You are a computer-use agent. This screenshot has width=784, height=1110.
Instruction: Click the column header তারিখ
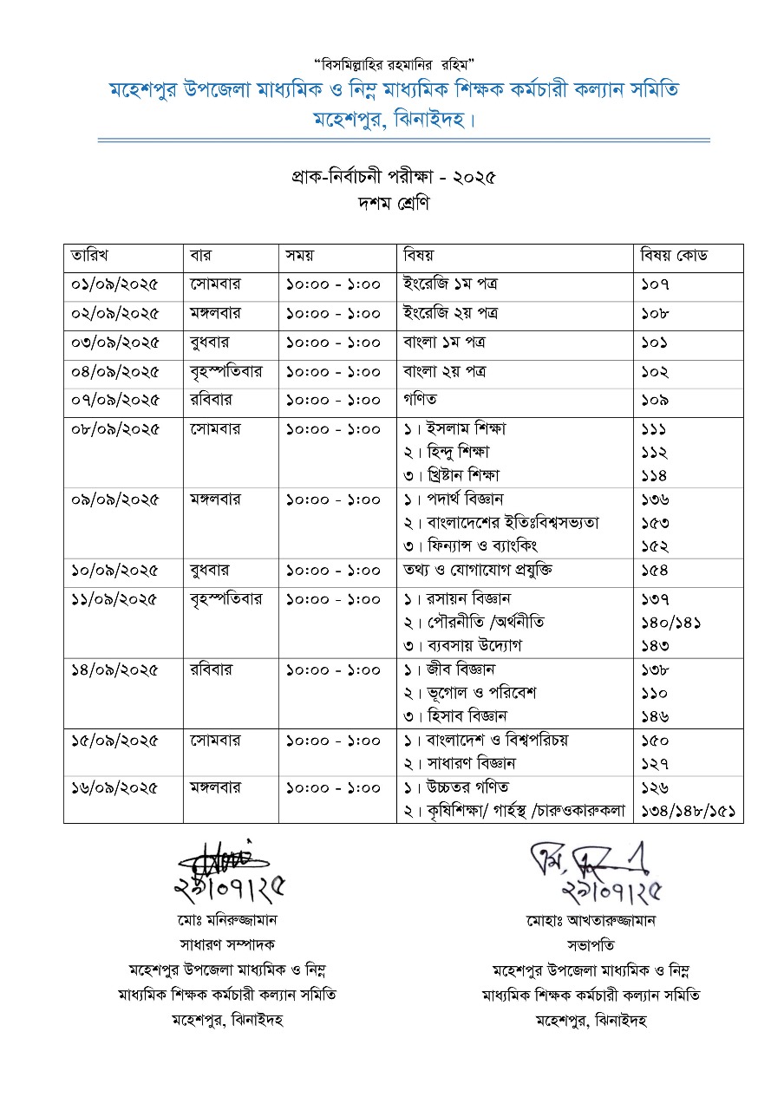click(x=89, y=256)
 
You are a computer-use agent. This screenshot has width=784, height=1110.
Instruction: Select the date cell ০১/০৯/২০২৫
click(x=115, y=284)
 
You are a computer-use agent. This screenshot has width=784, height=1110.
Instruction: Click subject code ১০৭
click(x=655, y=284)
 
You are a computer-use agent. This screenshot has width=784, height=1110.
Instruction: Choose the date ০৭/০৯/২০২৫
click(x=115, y=401)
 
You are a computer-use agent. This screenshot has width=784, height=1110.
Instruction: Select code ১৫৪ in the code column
click(x=655, y=571)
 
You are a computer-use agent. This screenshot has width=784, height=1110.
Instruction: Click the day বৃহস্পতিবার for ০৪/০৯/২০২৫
click(x=225, y=372)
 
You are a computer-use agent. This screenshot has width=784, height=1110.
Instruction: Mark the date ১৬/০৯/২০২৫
click(x=115, y=788)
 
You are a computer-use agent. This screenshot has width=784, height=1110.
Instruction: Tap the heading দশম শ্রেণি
click(x=393, y=206)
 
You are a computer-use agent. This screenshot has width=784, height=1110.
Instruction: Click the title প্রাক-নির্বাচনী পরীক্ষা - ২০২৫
click(x=393, y=178)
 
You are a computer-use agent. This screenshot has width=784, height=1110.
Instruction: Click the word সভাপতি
click(x=591, y=944)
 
